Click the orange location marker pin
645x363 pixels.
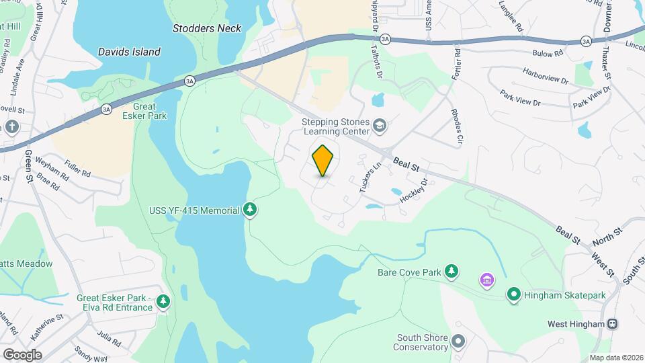[323, 161]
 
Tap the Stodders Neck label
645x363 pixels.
[206, 28]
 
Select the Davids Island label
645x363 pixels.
[129, 52]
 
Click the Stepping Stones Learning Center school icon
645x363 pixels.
[380, 126]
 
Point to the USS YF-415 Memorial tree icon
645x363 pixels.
[251, 210]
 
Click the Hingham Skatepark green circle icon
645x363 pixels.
[514, 294]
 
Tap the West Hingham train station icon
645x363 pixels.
[612, 323]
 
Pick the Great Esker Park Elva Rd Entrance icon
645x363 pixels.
[163, 302]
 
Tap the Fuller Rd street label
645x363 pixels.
[78, 167]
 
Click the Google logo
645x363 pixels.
[21, 354]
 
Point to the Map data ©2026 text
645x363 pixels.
[616, 358]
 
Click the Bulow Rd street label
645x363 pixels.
[548, 53]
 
